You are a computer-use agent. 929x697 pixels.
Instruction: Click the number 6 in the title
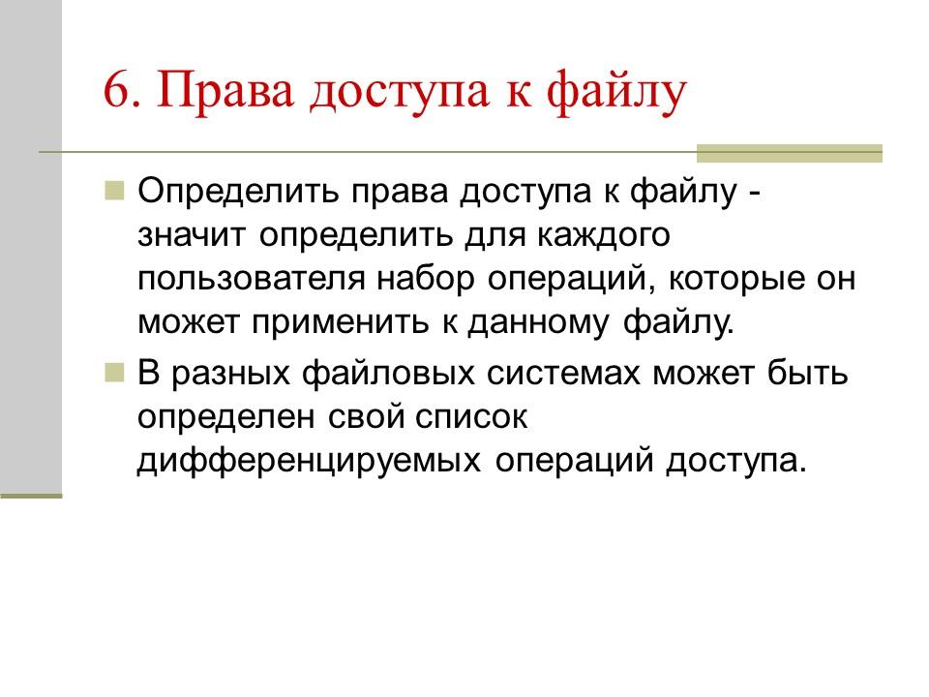[x=115, y=94]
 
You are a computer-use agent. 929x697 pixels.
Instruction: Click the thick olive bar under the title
[x=790, y=153]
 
